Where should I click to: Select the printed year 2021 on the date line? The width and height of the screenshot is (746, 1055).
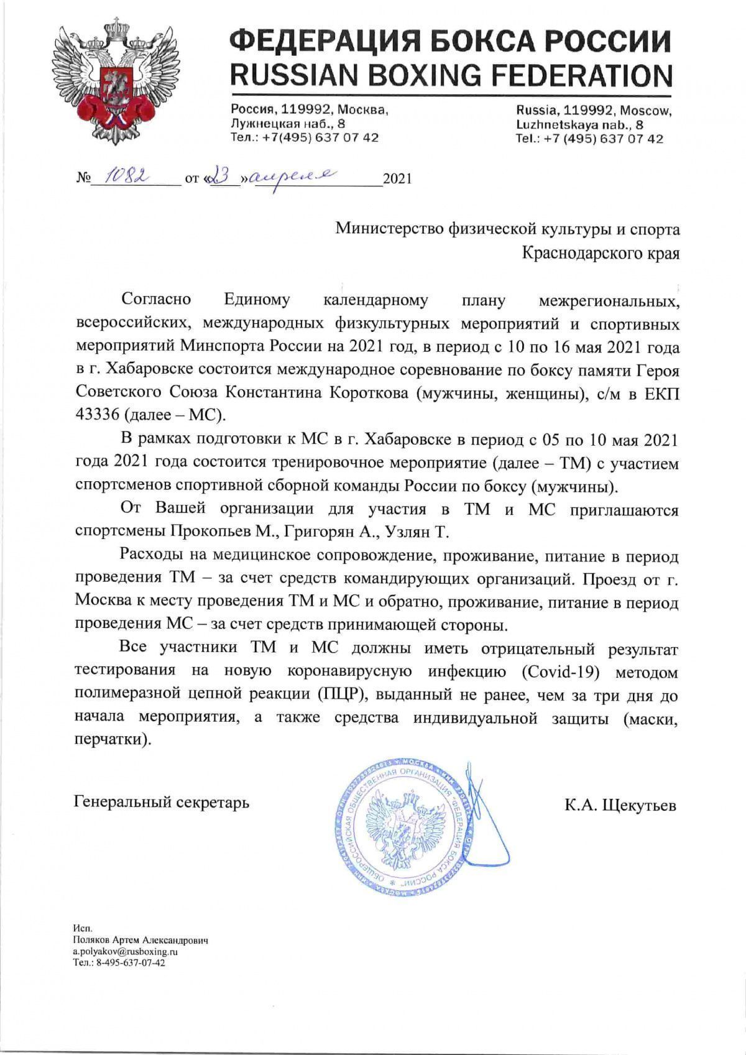pyautogui.click(x=397, y=180)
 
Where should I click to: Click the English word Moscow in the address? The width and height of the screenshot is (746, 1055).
pyautogui.click(x=647, y=111)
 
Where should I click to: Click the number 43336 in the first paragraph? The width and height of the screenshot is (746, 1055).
pyautogui.click(x=96, y=413)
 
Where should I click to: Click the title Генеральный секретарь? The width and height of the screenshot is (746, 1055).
pyautogui.click(x=162, y=802)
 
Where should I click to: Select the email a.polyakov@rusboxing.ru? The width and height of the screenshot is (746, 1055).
pyautogui.click(x=125, y=951)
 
